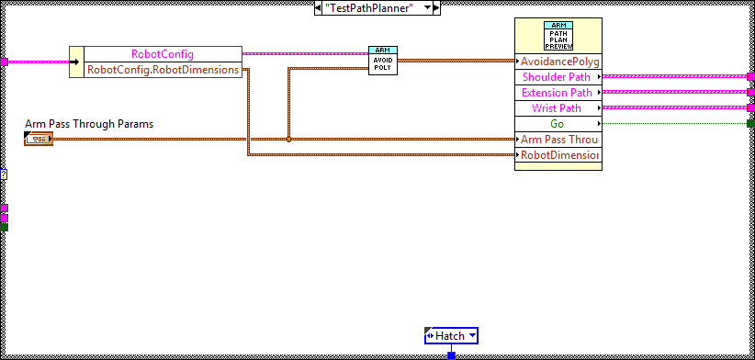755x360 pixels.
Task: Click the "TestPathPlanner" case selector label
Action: (376, 7)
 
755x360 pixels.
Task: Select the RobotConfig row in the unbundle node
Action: (163, 54)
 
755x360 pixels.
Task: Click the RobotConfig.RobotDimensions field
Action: (163, 69)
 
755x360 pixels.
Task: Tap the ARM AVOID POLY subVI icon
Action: (383, 61)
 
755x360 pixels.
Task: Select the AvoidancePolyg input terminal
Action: (558, 62)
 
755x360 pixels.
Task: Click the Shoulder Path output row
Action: (558, 77)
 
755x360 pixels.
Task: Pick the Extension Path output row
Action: (558, 93)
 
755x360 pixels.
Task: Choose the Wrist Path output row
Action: (558, 108)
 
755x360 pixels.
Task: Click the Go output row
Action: (558, 124)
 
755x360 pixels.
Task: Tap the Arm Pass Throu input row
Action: (558, 140)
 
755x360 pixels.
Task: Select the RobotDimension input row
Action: (558, 155)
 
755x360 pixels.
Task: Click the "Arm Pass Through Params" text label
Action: (89, 124)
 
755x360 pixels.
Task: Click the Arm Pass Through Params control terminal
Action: (39, 139)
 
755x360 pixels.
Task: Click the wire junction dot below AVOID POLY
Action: (288, 140)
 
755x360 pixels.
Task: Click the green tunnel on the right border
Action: (750, 123)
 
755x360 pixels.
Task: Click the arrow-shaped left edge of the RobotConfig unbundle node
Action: (76, 62)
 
